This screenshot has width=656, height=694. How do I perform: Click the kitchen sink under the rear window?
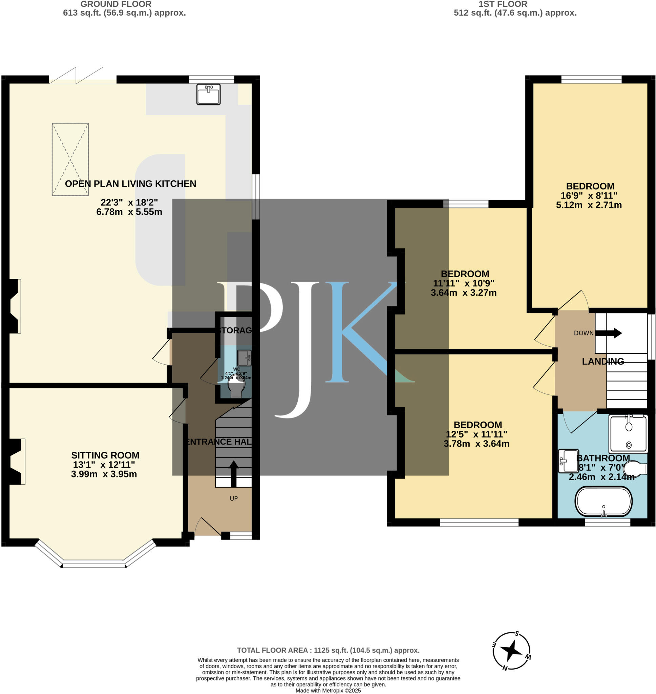208,94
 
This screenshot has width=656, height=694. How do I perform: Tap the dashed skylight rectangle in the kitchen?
70,159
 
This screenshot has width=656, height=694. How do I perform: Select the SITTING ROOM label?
105,455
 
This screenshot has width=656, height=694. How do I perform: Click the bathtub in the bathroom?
604,502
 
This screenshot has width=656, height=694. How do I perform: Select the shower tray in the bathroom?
628,433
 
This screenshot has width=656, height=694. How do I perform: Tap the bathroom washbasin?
568,461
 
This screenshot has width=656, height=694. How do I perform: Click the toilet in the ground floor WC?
236,388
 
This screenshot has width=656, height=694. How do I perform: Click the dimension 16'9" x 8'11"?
589,196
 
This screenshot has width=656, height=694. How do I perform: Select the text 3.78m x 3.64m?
476,444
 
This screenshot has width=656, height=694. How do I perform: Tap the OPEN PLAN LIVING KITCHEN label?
130,184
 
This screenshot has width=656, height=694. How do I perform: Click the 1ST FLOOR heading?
503,4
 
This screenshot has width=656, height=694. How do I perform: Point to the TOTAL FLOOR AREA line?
328,650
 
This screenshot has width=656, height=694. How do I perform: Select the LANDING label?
602,361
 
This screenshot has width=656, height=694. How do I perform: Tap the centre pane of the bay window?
93,564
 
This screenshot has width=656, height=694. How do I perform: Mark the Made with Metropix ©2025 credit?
328,691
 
